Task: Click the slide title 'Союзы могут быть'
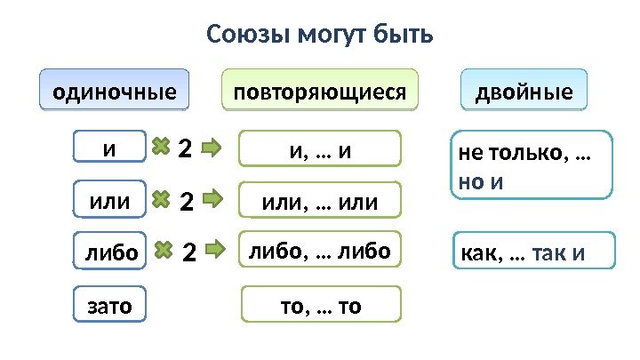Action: click(x=320, y=36)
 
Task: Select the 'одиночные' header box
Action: click(x=116, y=91)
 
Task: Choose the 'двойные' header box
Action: click(x=524, y=91)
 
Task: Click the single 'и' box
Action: click(x=109, y=148)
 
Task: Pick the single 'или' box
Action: click(x=109, y=203)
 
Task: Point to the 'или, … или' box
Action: click(x=321, y=202)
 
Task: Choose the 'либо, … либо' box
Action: click(x=321, y=251)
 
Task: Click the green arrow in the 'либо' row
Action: click(x=216, y=252)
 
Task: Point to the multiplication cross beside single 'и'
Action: click(x=161, y=148)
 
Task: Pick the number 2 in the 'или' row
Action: click(x=186, y=203)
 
